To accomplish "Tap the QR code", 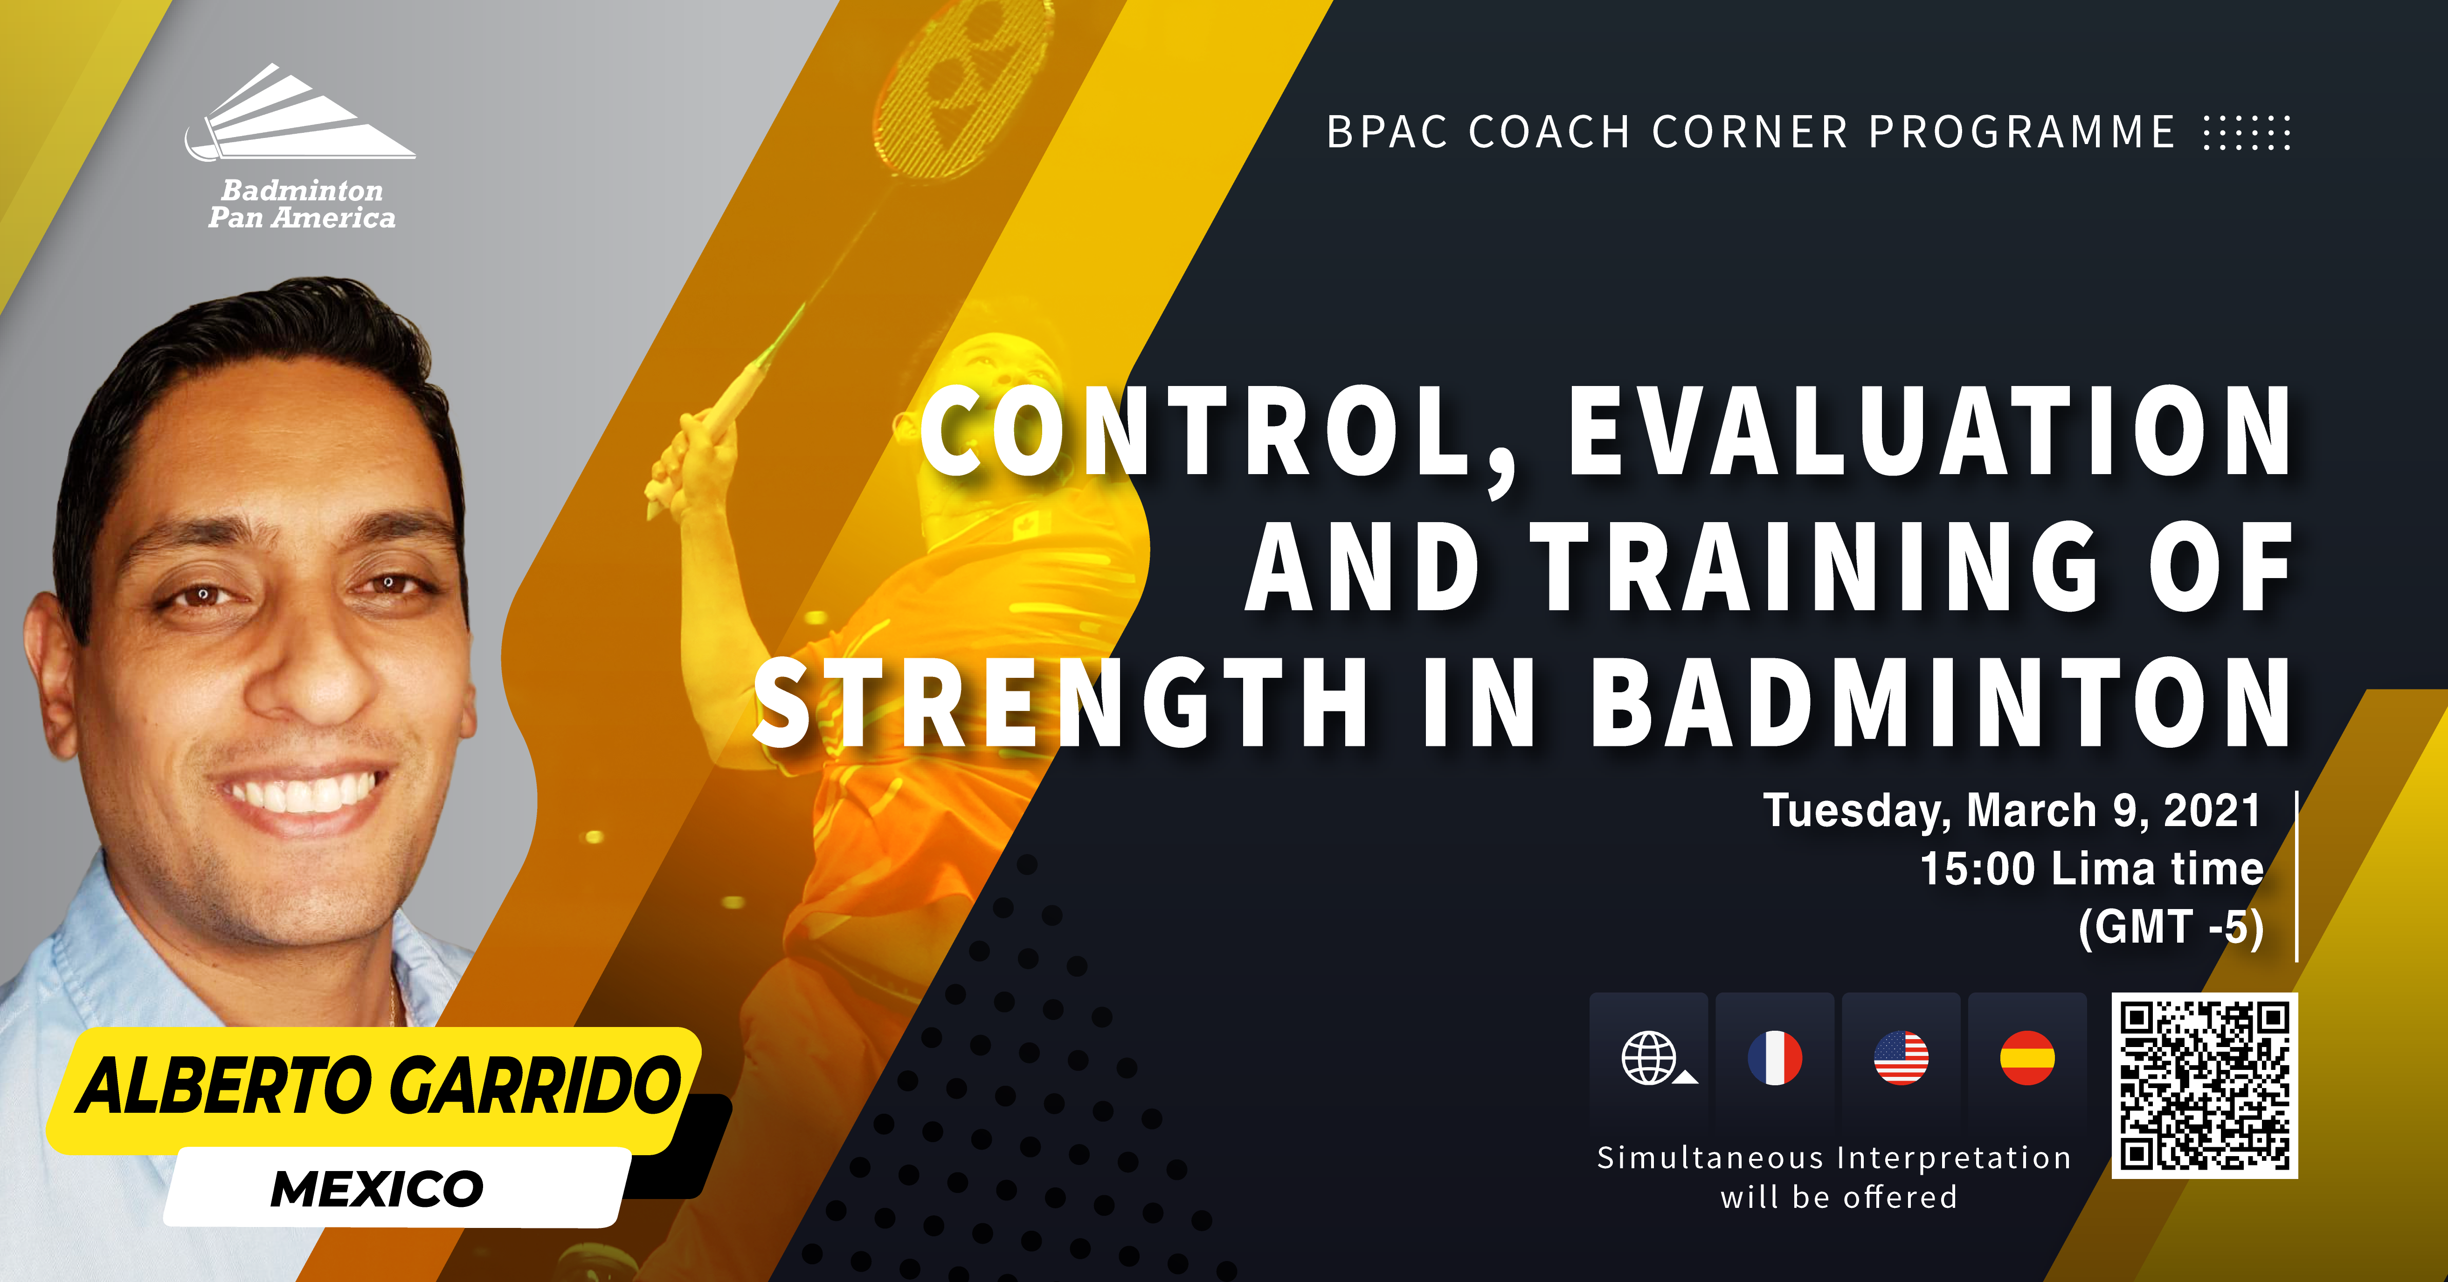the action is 2204,1085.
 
